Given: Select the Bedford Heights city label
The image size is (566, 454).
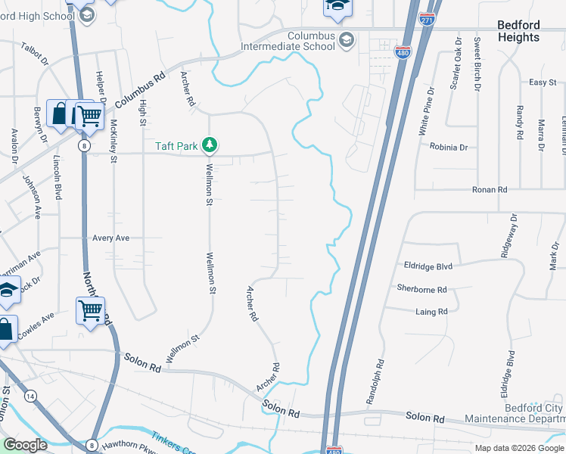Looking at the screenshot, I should tap(518, 31).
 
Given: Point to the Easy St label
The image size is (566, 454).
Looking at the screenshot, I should tap(542, 82).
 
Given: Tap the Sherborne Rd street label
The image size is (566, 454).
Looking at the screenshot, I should tap(421, 289).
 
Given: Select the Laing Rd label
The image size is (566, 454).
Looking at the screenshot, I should tap(431, 311).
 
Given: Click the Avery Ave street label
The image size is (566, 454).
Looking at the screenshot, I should tap(111, 238).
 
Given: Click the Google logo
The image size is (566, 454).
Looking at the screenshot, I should tap(25, 445).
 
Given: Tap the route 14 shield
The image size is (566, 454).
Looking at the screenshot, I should tap(30, 396).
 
